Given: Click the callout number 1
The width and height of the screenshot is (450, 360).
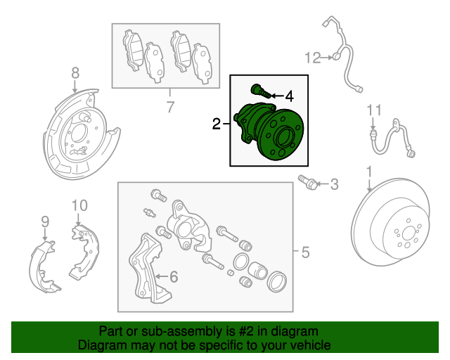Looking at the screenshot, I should tap(368, 172).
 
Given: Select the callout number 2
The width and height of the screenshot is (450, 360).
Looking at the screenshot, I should tap(216, 124).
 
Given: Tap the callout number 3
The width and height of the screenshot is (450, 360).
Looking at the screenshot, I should tap(334, 185).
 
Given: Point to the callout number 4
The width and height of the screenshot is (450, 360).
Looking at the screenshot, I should tap(289, 96).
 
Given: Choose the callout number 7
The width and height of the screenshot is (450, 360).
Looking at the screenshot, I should tap(169, 107).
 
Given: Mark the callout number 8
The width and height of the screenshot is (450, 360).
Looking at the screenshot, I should tap(75, 72).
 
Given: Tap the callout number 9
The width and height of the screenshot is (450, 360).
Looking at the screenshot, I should tap(45, 222).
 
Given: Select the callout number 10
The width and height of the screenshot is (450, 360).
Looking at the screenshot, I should tap(79, 205).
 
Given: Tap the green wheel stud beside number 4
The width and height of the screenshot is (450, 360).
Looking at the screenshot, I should tap(259, 91).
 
